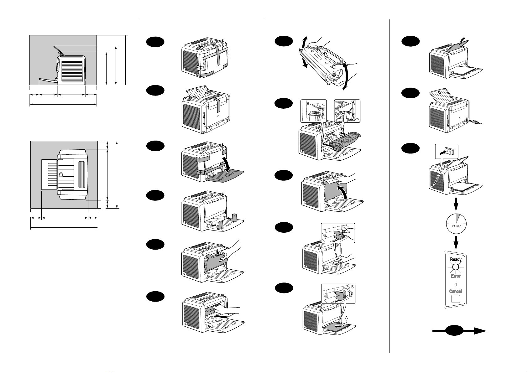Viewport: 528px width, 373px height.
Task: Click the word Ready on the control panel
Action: pos(456,259)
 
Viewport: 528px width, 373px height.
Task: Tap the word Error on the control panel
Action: pos(456,276)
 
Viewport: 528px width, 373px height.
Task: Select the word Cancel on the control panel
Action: pos(455,291)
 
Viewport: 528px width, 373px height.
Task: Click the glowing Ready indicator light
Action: pos(456,267)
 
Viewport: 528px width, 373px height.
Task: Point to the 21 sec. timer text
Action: pos(457,226)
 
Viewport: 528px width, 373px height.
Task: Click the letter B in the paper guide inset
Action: pos(353,287)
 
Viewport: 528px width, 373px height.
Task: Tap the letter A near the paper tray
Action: pos(346,318)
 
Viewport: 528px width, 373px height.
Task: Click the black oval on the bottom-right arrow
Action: pos(454,330)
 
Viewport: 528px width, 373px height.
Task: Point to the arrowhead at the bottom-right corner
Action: pos(480,331)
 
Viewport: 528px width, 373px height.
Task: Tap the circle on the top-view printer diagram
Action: pos(61,175)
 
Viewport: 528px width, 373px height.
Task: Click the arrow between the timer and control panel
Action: pos(456,242)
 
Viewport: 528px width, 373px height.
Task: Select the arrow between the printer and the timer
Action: pos(456,204)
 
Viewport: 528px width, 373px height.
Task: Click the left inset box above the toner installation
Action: pos(313,111)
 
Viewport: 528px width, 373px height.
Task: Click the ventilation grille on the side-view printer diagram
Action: pos(72,70)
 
